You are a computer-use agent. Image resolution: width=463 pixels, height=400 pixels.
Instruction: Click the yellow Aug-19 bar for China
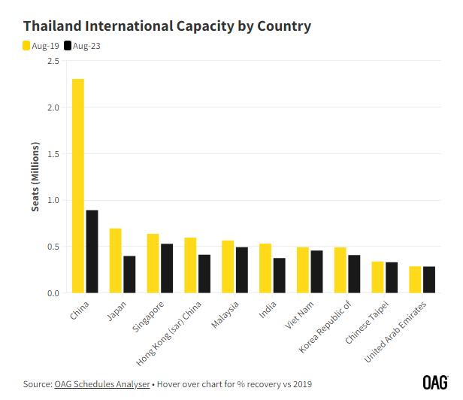78,186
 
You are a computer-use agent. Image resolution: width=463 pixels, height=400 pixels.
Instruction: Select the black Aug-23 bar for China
92,251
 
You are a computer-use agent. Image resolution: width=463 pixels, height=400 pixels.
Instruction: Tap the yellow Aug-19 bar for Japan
116,261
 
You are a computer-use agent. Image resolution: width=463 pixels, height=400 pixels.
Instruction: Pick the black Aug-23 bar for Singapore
167,268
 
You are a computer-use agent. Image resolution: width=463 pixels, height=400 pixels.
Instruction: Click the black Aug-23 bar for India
280,275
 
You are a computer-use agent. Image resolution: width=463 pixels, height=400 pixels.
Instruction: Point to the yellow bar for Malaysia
228,267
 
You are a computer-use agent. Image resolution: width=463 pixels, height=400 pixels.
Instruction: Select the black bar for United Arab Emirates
429,280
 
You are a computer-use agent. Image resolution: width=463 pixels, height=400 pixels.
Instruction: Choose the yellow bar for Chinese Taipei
377,277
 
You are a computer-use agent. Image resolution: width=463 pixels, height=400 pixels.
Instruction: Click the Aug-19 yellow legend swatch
26,46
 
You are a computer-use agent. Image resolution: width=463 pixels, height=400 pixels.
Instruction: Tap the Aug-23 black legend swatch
68,46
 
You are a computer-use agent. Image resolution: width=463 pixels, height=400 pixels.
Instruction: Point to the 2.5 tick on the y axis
53,61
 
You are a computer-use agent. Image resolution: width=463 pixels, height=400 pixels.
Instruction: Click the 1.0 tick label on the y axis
53,200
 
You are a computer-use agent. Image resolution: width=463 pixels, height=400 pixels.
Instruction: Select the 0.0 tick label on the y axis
53,293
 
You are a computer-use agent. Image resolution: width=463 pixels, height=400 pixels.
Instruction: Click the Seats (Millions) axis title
35,177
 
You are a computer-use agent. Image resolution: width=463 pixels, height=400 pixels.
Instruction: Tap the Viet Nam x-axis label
299,315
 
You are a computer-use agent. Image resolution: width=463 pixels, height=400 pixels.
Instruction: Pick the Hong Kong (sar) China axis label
168,334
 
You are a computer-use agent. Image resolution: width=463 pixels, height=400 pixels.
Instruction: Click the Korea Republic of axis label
325,327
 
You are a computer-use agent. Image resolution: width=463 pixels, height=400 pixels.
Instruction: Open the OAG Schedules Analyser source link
102,384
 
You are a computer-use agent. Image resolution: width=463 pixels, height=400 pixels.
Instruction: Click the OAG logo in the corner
435,383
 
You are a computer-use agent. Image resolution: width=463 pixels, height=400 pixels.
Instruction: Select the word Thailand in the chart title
53,26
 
